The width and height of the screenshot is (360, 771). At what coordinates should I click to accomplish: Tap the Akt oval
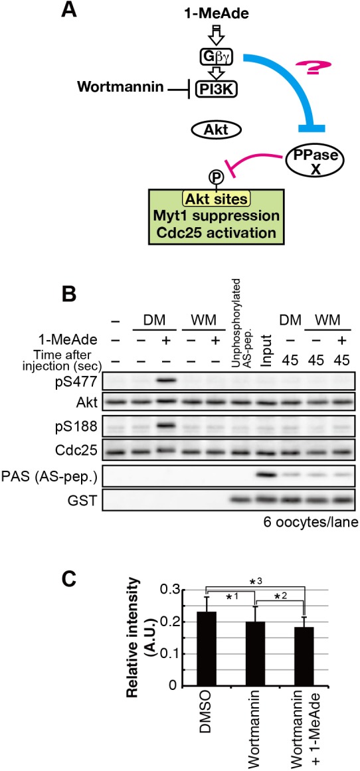pos(217,131)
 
